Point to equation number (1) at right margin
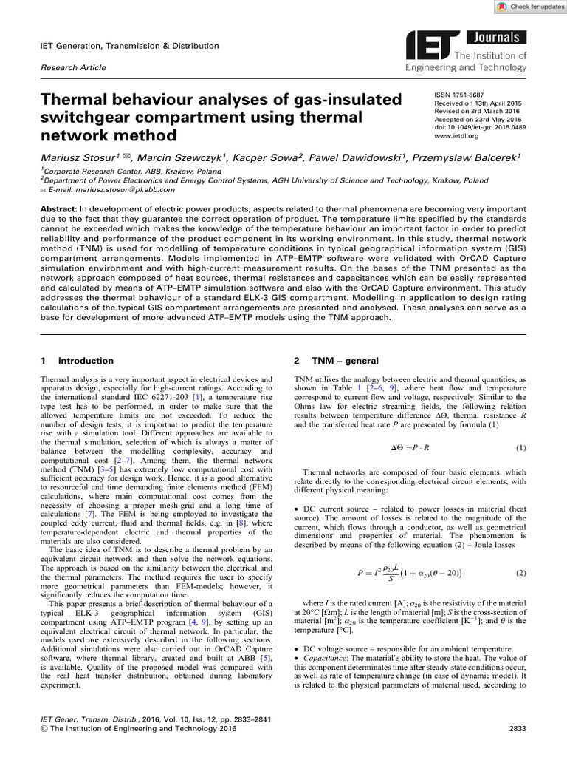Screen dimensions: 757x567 [x=520, y=448]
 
